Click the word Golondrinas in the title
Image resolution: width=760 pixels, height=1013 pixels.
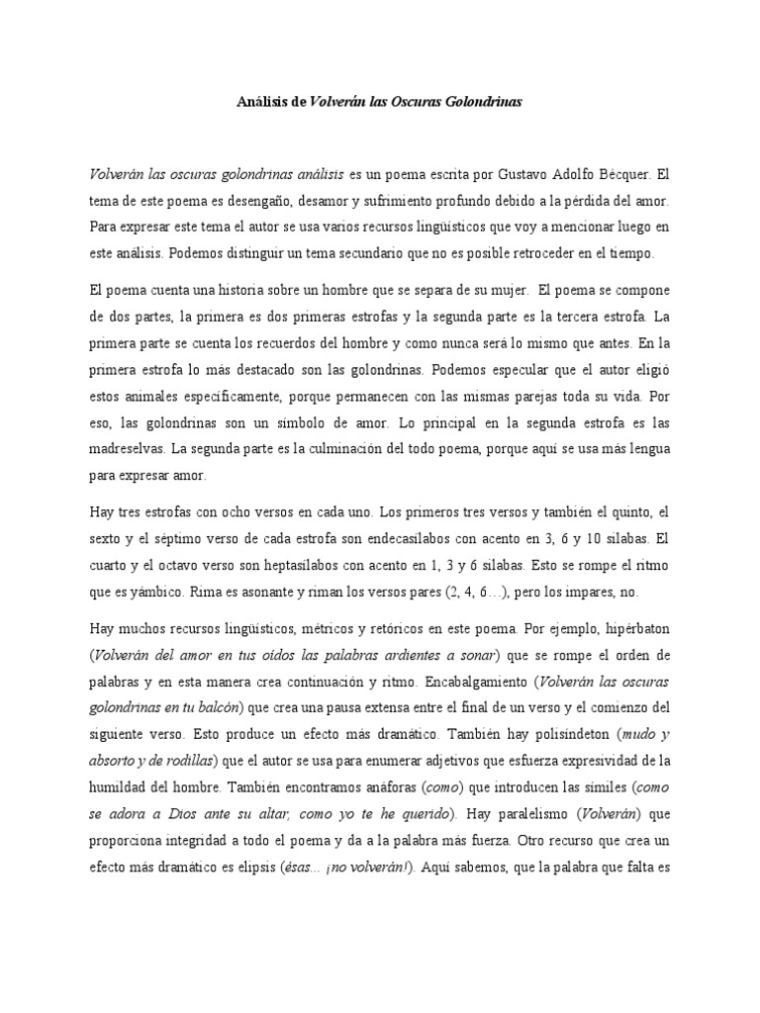[x=484, y=101]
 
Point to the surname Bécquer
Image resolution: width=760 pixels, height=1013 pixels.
[x=623, y=173]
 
